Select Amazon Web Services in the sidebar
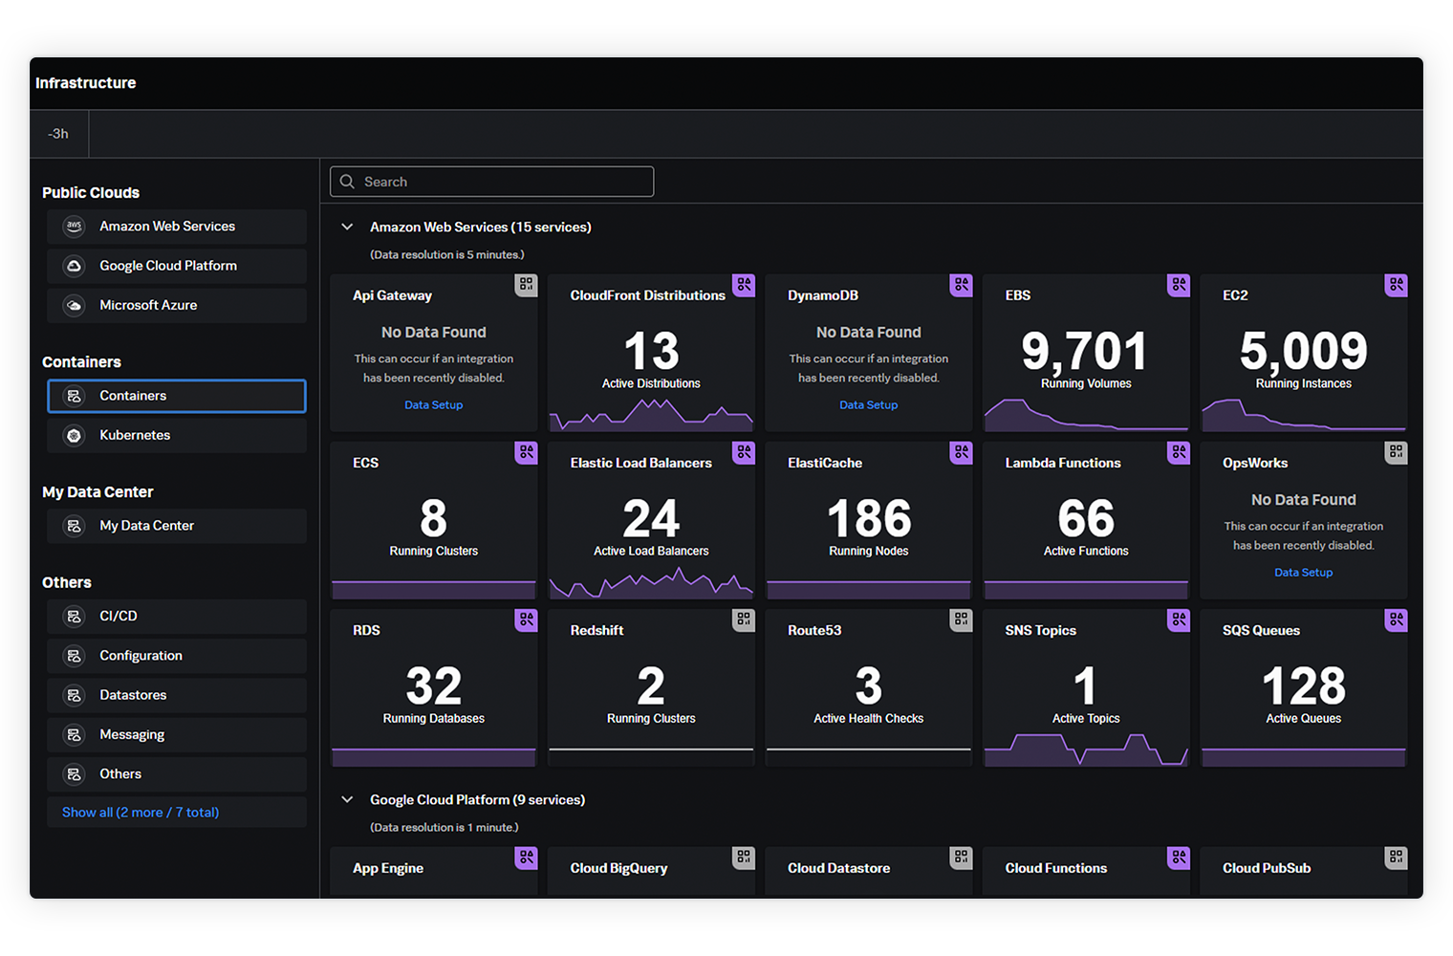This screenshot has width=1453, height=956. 167,227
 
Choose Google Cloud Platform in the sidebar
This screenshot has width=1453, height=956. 168,266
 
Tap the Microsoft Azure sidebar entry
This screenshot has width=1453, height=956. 148,305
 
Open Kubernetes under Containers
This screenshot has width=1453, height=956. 135,435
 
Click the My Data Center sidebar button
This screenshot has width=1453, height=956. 146,526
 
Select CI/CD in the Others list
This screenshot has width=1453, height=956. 119,617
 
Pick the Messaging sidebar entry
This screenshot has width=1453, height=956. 132,734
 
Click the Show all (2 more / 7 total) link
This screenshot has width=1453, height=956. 141,813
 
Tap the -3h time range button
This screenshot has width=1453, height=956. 58,134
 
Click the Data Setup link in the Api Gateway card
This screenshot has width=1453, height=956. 433,405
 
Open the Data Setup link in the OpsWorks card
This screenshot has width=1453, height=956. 1303,573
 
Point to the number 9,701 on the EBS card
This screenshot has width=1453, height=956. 1084,351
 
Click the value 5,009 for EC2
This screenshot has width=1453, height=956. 1303,351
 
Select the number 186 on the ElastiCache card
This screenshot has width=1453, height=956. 868,519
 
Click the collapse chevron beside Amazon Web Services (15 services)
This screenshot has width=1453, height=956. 348,228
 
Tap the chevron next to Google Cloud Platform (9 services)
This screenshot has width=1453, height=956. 348,800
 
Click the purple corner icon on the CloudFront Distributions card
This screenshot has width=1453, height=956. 744,285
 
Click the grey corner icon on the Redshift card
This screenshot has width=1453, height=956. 744,619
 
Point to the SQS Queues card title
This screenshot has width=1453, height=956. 1261,631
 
